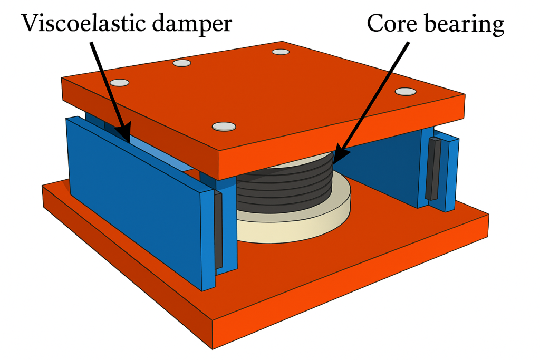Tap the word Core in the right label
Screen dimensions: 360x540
pos(390,24)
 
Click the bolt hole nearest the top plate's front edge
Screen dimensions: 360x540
pos(224,126)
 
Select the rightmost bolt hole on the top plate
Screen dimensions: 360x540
pos(406,91)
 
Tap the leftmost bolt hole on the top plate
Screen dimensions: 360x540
pos(120,83)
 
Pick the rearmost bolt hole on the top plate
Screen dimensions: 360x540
pos(281,52)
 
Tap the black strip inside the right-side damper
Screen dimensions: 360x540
pos(433,169)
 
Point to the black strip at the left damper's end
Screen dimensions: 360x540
pos(218,229)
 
